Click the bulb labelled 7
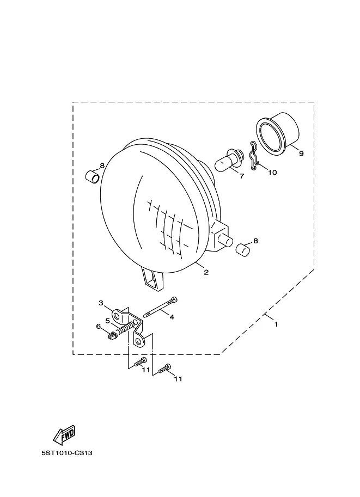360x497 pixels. pos(229,162)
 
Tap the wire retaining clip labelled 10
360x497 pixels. pos(254,156)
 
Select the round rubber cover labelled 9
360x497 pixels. pos(278,133)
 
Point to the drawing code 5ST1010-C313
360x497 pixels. pos(67,453)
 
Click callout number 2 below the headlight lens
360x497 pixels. pos(206,272)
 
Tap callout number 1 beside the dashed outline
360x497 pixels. pos(276,324)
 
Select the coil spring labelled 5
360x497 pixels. pos(124,329)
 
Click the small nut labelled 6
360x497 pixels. pos(112,335)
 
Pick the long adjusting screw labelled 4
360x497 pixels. pos(160,307)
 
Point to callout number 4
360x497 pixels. pos(172,317)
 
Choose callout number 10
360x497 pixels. pos(272,173)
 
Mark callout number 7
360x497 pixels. pos(242,176)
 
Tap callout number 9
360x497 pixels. pos(301,154)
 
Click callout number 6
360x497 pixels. pos(99,327)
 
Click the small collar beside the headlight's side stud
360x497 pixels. pos(243,249)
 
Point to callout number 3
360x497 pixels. pos(101,303)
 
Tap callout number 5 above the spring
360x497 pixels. pos(107,321)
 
